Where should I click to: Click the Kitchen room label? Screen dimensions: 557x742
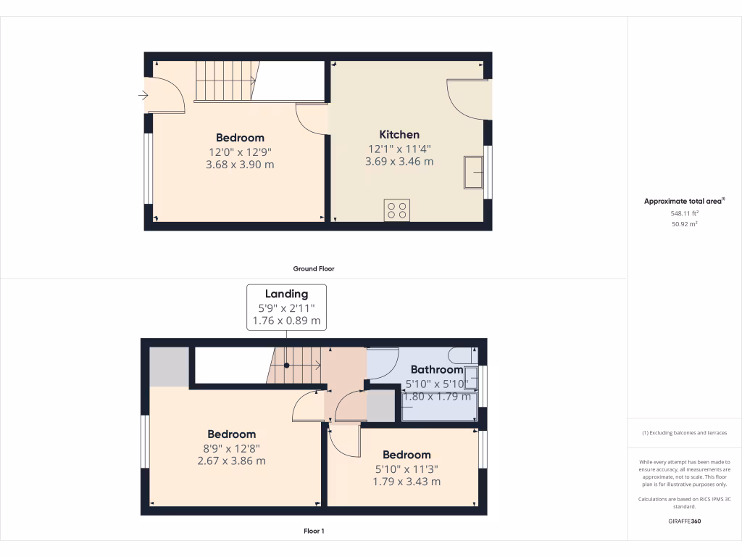pyautogui.click(x=399, y=134)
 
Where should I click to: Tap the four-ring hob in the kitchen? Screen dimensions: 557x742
pyautogui.click(x=396, y=210)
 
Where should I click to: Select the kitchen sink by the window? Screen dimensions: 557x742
pyautogui.click(x=474, y=172)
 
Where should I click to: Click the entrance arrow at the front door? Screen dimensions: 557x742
pyautogui.click(x=143, y=94)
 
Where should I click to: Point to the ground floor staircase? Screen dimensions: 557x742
pyautogui.click(x=225, y=81)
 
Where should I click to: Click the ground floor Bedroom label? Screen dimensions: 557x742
pyautogui.click(x=240, y=138)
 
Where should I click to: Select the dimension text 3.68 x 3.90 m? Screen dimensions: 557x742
pyautogui.click(x=240, y=165)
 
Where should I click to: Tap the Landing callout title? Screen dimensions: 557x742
pyautogui.click(x=286, y=294)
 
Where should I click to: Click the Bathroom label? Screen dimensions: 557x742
pyautogui.click(x=436, y=370)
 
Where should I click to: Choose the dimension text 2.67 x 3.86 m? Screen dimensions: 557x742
pyautogui.click(x=231, y=461)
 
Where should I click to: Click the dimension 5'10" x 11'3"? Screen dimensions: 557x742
pyautogui.click(x=407, y=469)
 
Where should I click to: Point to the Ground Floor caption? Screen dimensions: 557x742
pyautogui.click(x=314, y=268)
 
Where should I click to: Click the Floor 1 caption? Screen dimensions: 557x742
pyautogui.click(x=314, y=531)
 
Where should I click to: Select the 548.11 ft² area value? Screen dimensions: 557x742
pyautogui.click(x=684, y=214)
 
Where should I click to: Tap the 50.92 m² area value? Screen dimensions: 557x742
pyautogui.click(x=684, y=225)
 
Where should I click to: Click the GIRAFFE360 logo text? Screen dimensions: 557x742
pyautogui.click(x=684, y=521)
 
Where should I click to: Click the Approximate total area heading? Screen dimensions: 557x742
pyautogui.click(x=684, y=202)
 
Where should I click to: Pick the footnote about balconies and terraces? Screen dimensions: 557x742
pyautogui.click(x=684, y=433)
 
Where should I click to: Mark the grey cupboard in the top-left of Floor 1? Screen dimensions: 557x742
pyautogui.click(x=169, y=366)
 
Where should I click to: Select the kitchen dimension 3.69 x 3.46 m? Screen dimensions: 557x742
pyautogui.click(x=399, y=162)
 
